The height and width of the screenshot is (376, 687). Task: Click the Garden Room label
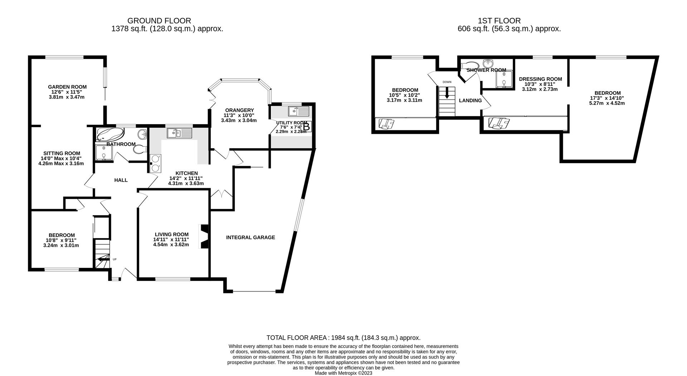point(67,87)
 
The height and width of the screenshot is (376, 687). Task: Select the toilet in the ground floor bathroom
point(140,149)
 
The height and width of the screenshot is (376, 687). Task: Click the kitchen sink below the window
point(179,133)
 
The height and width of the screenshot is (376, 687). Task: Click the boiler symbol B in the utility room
point(307,127)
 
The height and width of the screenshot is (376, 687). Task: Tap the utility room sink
point(298,111)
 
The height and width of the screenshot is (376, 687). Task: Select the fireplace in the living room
point(204,236)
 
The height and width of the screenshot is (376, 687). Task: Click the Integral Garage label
point(250,237)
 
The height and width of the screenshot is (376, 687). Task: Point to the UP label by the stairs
point(115,260)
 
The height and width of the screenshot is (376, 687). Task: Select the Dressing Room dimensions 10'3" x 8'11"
point(540,84)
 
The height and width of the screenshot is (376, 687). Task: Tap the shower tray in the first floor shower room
point(504,79)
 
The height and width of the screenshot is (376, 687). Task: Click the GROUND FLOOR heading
point(159,21)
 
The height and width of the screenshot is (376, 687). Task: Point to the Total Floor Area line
point(343,337)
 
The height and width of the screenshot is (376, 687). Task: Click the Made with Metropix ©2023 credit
point(343,373)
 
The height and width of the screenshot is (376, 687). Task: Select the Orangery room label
point(239,110)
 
